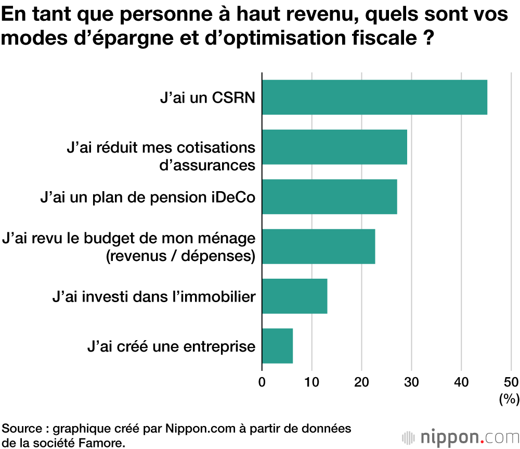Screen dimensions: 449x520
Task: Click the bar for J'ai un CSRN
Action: click(374, 97)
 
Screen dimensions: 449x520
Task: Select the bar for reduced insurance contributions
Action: click(334, 147)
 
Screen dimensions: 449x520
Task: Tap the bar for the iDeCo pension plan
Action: click(329, 196)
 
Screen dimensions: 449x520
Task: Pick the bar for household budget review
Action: click(318, 246)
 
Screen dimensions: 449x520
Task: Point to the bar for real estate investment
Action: click(294, 296)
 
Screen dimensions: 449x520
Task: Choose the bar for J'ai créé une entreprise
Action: click(277, 346)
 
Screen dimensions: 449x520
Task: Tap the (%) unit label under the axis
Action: click(509, 400)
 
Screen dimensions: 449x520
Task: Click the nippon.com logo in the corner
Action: click(460, 436)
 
